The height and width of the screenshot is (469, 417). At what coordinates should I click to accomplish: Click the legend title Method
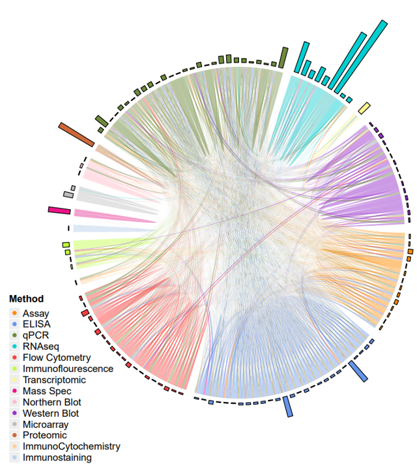(25, 299)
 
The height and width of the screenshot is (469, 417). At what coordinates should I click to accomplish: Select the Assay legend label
(36, 313)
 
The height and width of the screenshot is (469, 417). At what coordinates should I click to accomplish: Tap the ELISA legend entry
(36, 324)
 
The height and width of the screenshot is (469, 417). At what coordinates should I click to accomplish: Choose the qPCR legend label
(36, 335)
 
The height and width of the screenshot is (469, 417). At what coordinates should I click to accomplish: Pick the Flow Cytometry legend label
(56, 358)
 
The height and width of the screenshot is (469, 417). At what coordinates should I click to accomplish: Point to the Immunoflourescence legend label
(68, 369)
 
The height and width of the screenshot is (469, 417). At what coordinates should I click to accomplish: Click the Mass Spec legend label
(47, 391)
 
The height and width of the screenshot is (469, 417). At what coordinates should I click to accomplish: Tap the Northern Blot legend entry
(51, 402)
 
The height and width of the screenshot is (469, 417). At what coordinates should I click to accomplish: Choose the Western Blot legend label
(51, 413)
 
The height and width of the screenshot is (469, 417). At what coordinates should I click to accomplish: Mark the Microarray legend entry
(46, 424)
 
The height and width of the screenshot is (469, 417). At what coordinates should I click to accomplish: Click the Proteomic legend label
(44, 435)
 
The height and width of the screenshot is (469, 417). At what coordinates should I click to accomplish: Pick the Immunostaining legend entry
(57, 457)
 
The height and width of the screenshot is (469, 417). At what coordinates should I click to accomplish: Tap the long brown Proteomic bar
(76, 134)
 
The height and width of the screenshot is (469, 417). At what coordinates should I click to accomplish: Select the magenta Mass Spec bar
(59, 210)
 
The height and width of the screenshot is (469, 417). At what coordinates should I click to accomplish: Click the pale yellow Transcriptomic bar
(364, 108)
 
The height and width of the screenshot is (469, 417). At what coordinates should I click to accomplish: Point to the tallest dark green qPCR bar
(283, 57)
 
